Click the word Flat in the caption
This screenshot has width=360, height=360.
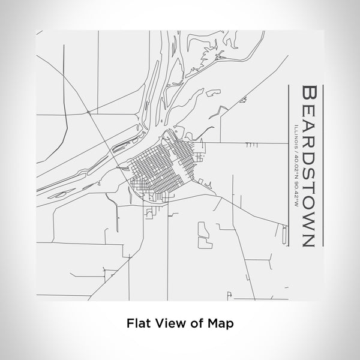(137, 323)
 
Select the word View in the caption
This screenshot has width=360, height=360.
(166, 323)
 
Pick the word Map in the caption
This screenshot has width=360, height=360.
(221, 323)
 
